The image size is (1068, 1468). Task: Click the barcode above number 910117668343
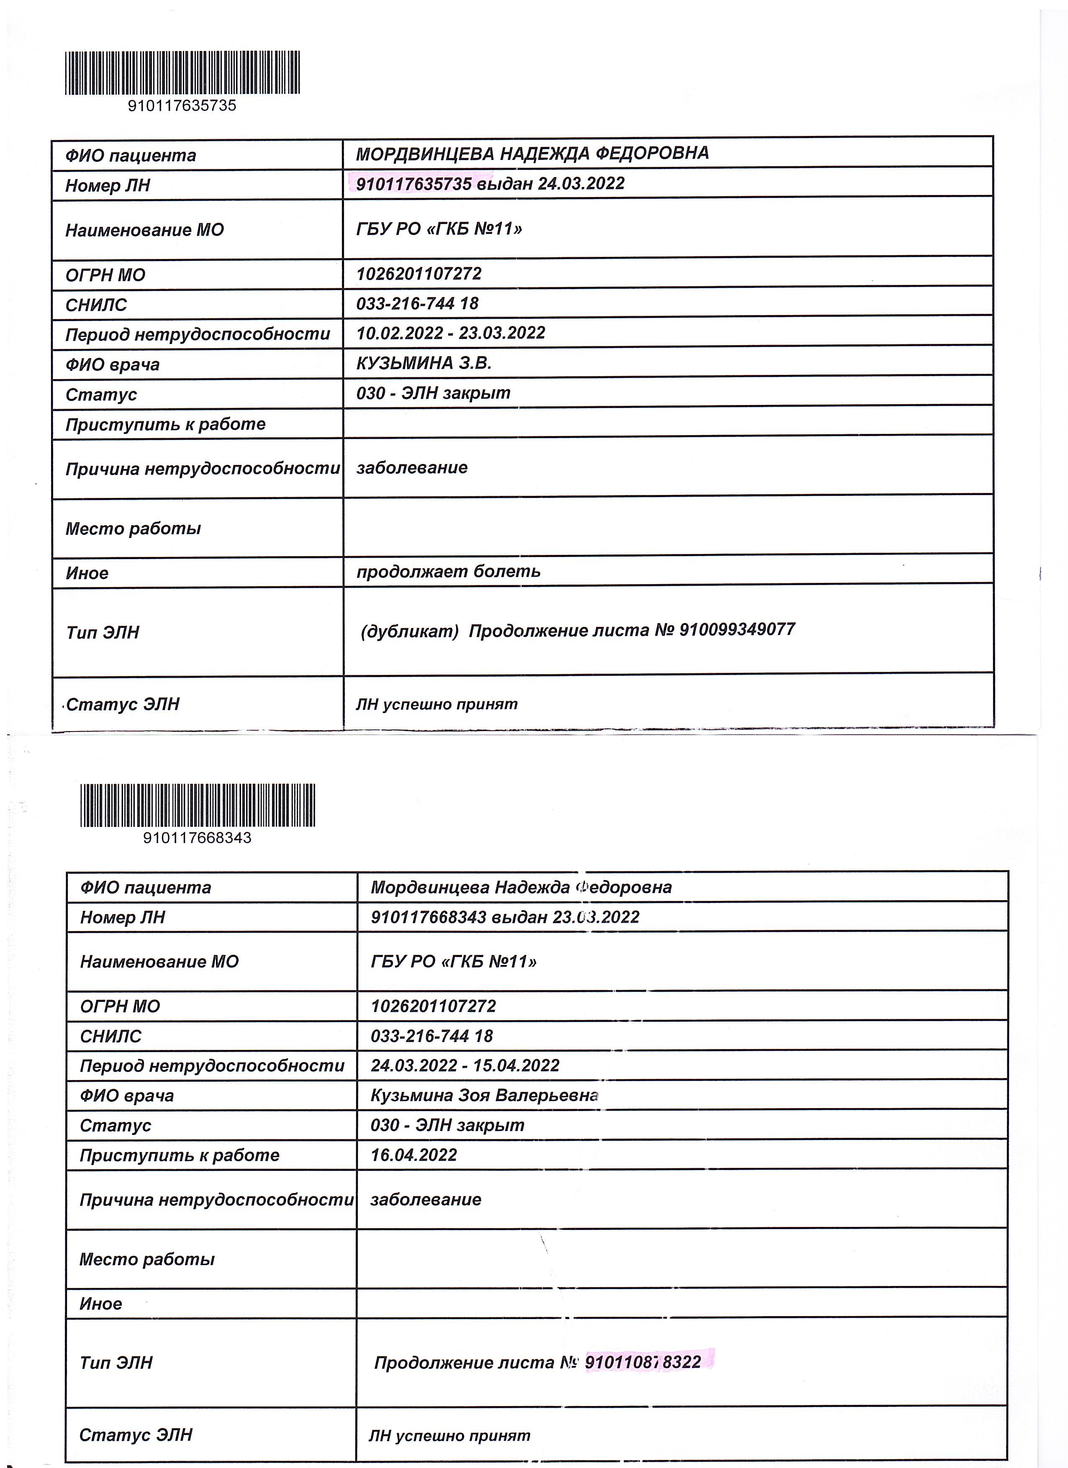tap(198, 805)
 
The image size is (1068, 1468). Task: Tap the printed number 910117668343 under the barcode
tap(198, 837)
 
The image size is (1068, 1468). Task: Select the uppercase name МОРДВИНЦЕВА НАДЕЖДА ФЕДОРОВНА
tap(532, 154)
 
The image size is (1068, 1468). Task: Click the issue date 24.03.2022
tap(581, 183)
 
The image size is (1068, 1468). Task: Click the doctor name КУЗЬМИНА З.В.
tap(424, 363)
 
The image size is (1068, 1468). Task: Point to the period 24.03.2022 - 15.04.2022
tap(465, 1065)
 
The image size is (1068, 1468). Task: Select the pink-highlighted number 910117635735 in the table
tap(413, 184)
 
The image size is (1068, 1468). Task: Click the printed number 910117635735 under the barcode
tap(182, 105)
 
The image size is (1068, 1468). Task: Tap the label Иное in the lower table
tap(100, 1304)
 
